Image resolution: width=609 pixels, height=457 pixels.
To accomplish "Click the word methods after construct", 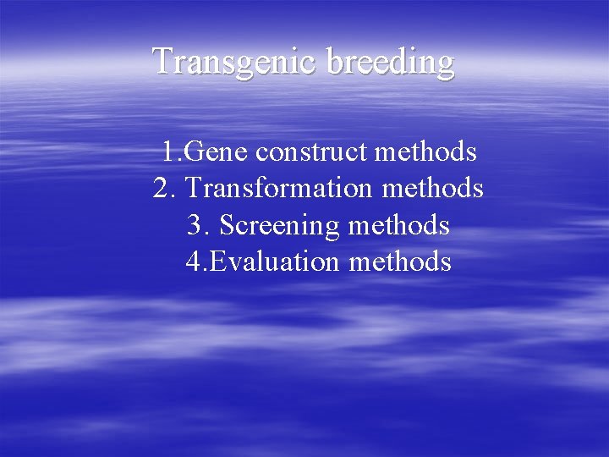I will pos(425,152).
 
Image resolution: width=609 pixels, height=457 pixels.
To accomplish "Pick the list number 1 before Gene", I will pos(169,152).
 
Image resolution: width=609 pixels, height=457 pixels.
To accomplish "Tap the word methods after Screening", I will pos(398,226).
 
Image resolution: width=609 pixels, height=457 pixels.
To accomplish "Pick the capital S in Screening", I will pos(227,226).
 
